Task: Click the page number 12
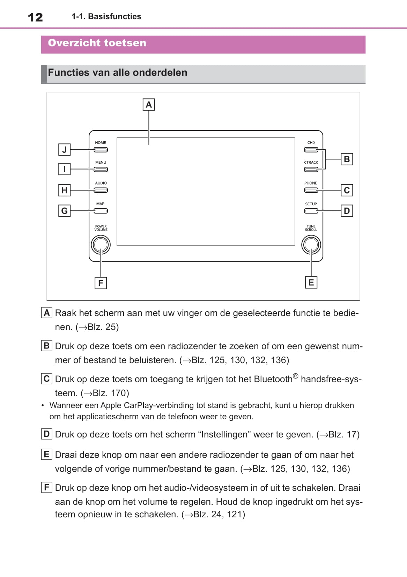[x=35, y=17]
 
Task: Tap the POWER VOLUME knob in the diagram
[x=101, y=245]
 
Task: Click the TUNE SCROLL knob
[x=311, y=245]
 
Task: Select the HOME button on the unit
[x=101, y=150]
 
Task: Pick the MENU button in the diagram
[x=101, y=170]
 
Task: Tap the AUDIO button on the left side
[x=101, y=190]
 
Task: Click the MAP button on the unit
[x=101, y=211]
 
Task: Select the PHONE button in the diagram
[x=311, y=190]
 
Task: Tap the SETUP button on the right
[x=311, y=211]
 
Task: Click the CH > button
[x=311, y=150]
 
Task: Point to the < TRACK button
[x=311, y=170]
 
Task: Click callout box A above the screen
[x=149, y=105]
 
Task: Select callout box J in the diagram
[x=64, y=150]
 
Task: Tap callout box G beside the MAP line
[x=64, y=211]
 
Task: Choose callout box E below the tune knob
[x=311, y=283]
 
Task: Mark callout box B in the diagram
[x=347, y=159]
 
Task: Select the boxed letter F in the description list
[x=46, y=487]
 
